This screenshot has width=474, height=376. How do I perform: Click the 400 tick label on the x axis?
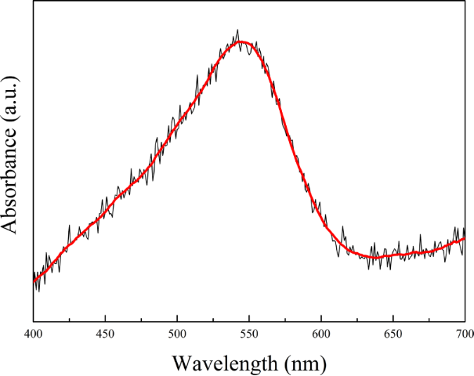point(34,334)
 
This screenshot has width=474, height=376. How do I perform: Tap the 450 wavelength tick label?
point(105,334)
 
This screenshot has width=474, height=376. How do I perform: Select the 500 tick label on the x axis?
point(177,334)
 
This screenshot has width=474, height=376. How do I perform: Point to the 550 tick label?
point(249,334)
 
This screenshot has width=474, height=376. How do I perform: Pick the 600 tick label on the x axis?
point(321,334)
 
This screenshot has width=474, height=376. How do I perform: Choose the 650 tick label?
point(393,334)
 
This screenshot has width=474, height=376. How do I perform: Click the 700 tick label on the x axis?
point(463,334)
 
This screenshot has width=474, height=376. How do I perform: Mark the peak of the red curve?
point(242,42)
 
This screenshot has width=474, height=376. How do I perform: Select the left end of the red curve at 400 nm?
point(34,280)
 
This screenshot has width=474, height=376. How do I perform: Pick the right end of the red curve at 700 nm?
point(465,240)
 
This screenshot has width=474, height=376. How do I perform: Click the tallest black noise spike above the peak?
point(237,31)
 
